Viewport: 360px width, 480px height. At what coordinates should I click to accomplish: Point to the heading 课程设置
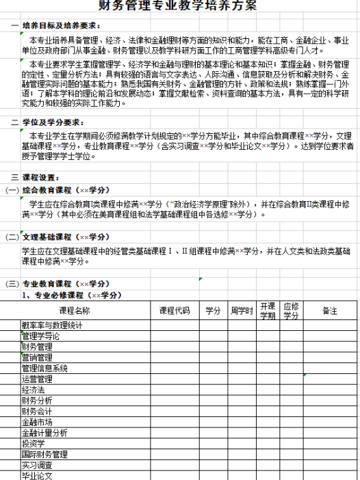coord(43,176)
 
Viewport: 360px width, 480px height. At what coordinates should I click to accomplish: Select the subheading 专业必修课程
coord(71,295)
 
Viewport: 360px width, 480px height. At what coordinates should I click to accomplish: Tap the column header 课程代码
coord(174,310)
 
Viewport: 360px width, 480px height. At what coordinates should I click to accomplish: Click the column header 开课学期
coord(268,310)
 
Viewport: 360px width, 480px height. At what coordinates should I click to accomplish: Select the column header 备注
coord(330,310)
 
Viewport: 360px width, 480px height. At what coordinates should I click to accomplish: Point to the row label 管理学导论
coord(40,336)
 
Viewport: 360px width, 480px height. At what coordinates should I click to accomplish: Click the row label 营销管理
coord(37,357)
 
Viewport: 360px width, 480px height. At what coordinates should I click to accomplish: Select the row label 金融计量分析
coord(44,432)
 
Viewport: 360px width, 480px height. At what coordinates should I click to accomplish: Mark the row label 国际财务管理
coord(44,454)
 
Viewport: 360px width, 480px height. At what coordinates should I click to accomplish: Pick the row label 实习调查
coord(37,464)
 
